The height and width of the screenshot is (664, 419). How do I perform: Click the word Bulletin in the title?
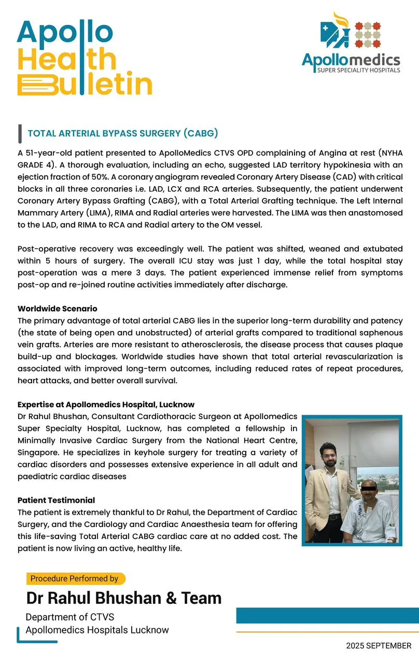(x=85, y=84)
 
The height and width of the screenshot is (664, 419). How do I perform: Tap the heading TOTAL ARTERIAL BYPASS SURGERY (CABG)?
(x=122, y=133)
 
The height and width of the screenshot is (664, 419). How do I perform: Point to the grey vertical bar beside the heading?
(x=20, y=133)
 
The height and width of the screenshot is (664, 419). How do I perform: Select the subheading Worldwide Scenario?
(x=58, y=309)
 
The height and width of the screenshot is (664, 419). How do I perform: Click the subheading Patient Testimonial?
(x=57, y=500)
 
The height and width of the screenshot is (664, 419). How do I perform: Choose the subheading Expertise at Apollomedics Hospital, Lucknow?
(x=106, y=404)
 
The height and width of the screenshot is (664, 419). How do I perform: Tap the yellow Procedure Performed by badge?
(x=76, y=578)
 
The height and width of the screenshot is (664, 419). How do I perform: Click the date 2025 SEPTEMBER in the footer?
(x=379, y=646)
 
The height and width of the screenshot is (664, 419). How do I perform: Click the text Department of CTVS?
(x=70, y=617)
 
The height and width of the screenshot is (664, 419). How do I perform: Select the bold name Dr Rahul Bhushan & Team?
(x=124, y=598)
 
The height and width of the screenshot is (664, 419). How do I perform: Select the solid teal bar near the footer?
(x=327, y=615)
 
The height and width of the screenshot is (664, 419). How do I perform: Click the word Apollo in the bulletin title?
(x=65, y=32)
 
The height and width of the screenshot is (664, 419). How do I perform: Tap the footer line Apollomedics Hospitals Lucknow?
(x=97, y=630)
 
